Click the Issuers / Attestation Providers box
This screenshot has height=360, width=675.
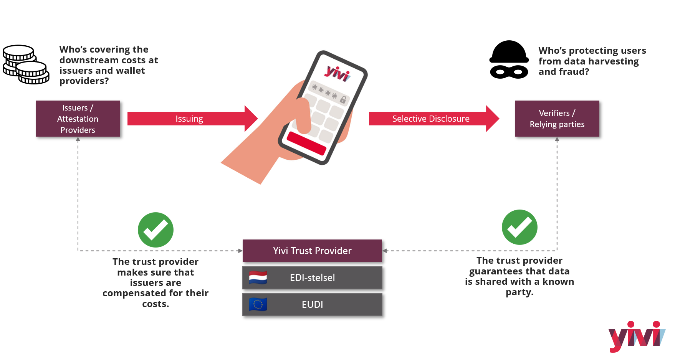(78, 119)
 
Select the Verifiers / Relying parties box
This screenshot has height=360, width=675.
(557, 119)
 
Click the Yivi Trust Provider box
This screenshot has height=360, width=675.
(312, 251)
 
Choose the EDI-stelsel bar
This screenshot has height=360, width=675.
(312, 277)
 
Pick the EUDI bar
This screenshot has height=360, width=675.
(312, 304)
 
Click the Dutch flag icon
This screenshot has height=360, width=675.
(258, 277)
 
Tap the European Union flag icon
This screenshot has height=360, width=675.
(258, 304)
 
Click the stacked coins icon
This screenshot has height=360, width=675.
(25, 64)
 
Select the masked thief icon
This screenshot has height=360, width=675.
(509, 60)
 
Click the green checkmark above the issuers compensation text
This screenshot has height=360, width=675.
(156, 230)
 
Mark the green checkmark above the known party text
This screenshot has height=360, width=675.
(519, 227)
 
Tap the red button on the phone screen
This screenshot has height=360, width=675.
(306, 143)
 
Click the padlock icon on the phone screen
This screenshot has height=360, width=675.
(343, 99)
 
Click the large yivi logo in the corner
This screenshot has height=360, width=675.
(637, 336)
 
